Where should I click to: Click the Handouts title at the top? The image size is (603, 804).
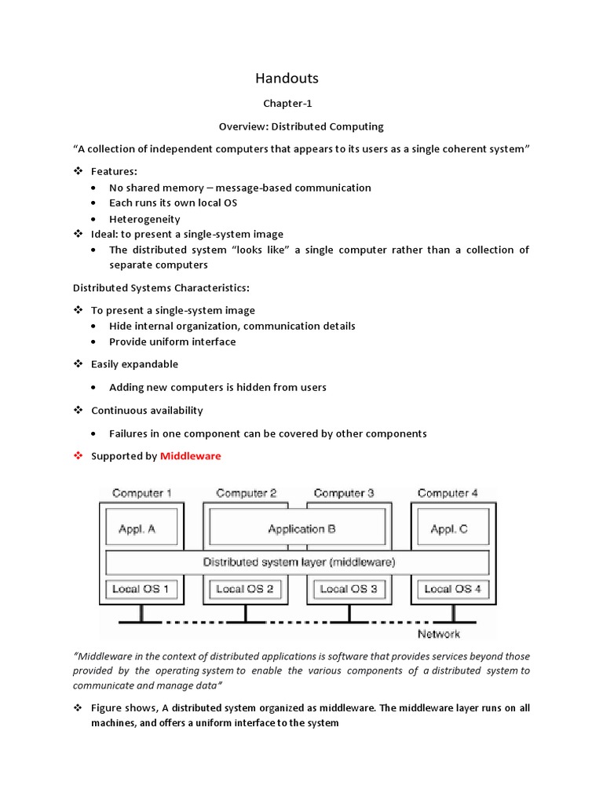point(287,78)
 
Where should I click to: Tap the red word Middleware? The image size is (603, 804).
point(191,456)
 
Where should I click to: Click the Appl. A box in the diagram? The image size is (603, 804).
point(137,529)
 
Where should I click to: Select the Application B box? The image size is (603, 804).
point(301,529)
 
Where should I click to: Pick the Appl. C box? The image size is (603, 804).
point(449,529)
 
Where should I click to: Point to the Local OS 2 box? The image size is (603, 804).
point(244,589)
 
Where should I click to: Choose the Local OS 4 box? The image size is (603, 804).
point(453,589)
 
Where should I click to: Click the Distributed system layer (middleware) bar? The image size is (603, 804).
point(299,562)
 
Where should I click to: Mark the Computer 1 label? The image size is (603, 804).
point(142,493)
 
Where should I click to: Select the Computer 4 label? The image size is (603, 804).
point(448,493)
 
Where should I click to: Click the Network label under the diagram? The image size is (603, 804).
point(438,634)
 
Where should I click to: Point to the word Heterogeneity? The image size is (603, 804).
point(144,219)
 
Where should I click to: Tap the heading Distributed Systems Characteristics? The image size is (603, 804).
point(162,287)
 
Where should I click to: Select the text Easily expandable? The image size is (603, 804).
point(134,364)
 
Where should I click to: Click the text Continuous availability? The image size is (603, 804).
point(147,411)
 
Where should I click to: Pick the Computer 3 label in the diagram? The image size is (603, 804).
point(344,493)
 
